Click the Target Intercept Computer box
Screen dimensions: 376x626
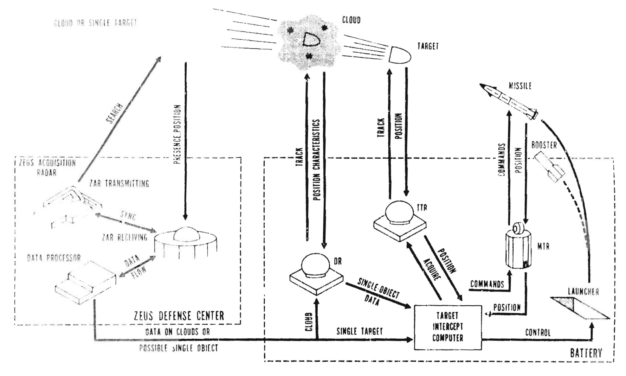tap(447, 327)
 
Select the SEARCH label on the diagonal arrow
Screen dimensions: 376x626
tap(114, 113)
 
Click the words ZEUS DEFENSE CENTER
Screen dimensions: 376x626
tap(179, 316)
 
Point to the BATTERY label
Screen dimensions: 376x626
tap(586, 353)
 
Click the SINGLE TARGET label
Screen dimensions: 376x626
tap(360, 331)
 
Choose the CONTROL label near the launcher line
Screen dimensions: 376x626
tap(537, 332)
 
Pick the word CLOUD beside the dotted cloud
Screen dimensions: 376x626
tap(351, 20)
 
